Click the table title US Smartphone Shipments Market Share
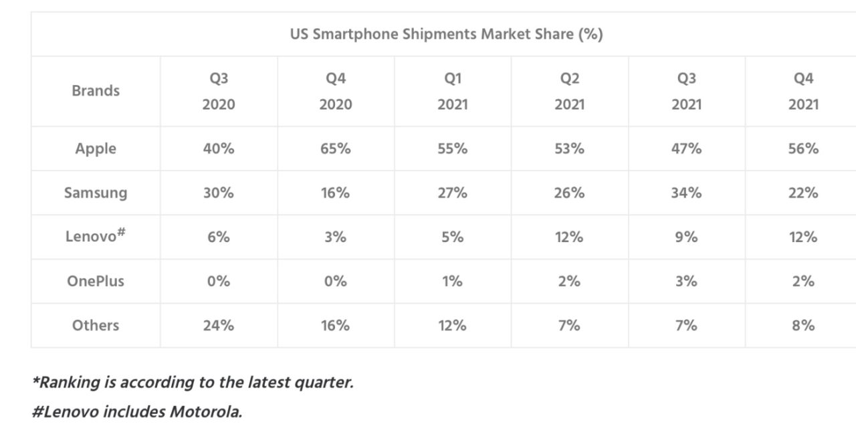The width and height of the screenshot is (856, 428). coord(446,34)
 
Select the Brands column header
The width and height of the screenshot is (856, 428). coord(96,91)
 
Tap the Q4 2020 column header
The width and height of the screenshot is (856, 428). coord(336,91)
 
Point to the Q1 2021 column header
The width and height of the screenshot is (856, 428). coord(453,91)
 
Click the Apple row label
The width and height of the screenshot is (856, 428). coord(96,148)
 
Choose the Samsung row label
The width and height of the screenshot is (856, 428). coord(96,193)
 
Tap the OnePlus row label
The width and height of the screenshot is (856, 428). coord(96,281)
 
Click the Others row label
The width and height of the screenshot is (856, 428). coord(96,325)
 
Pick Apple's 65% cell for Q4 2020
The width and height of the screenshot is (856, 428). coord(336,148)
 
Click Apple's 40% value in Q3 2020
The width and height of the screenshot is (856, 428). coord(219,148)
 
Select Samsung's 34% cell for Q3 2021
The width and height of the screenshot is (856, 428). coord(686,193)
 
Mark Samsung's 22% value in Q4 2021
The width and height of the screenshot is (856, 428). coord(803,193)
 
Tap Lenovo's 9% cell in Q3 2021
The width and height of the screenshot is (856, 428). coord(686,237)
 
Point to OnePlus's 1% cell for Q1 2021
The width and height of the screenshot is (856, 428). coord(453,281)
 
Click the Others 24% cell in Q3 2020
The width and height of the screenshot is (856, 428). coord(219,325)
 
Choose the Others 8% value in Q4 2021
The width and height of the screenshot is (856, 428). coord(803,325)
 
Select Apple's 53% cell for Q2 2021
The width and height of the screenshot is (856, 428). coord(569,148)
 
